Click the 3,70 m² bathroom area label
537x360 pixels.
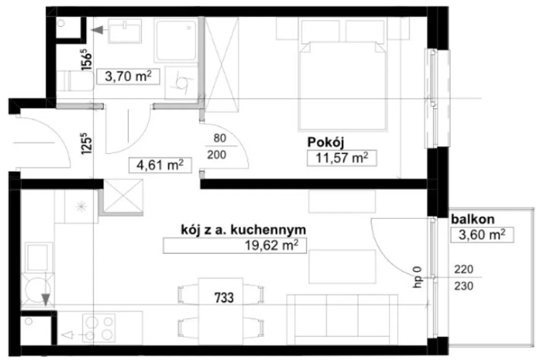[128, 76]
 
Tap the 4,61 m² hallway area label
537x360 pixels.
[160, 165]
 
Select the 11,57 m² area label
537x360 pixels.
[342, 158]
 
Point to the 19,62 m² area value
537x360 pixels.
[271, 245]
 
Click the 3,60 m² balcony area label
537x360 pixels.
[482, 235]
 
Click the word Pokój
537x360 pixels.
[325, 142]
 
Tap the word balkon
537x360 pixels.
[473, 219]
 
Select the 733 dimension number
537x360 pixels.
[224, 298]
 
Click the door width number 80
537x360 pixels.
[220, 138]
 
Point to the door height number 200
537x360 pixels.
[217, 155]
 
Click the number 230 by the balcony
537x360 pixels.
[464, 285]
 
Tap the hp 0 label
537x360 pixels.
[418, 277]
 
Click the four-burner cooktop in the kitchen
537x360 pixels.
[99, 328]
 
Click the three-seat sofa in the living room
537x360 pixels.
[342, 320]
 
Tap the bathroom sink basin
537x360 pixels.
[125, 31]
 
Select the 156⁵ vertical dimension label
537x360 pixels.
[87, 60]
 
